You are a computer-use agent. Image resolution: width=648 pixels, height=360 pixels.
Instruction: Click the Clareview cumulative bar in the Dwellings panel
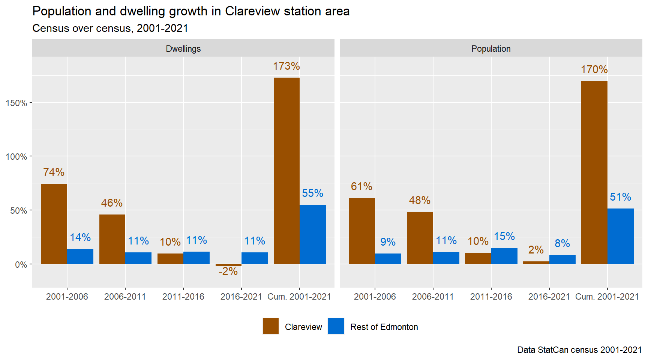click(286, 171)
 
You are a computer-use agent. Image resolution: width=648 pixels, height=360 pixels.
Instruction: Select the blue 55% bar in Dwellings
click(313, 234)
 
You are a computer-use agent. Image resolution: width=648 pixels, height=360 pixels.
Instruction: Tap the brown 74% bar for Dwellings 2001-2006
click(54, 224)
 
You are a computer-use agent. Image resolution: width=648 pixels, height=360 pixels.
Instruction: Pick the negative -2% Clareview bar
click(228, 265)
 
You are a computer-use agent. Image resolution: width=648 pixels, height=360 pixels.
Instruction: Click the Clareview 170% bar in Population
click(594, 172)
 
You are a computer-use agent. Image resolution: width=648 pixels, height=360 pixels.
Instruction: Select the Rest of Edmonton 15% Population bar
click(504, 256)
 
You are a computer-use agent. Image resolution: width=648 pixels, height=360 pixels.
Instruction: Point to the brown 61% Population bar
click(361, 231)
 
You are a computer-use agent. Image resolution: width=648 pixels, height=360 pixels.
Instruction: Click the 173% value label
click(286, 66)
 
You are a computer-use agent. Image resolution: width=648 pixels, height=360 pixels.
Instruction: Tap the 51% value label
click(620, 197)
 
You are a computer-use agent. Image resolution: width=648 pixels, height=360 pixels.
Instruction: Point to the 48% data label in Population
click(420, 200)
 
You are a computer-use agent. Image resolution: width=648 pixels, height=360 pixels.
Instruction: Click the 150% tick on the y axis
click(16, 103)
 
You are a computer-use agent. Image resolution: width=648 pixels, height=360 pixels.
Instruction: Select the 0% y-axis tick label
click(21, 265)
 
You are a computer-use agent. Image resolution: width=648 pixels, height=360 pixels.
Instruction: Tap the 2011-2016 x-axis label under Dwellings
click(183, 297)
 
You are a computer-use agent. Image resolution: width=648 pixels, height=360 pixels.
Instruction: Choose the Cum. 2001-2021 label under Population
click(607, 297)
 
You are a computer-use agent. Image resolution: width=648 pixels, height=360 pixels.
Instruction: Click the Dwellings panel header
click(183, 49)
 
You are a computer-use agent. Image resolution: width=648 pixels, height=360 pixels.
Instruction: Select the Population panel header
click(491, 49)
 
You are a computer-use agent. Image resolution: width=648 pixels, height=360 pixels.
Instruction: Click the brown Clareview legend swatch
click(271, 326)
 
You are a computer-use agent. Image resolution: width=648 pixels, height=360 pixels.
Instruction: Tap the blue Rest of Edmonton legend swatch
click(336, 326)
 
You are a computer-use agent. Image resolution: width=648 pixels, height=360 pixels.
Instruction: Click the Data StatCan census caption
click(579, 350)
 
